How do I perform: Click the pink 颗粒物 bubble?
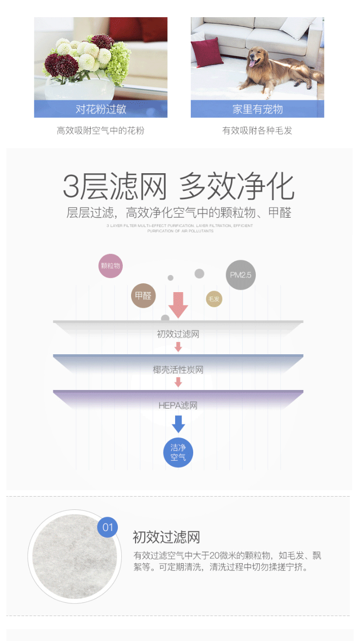click(110, 266)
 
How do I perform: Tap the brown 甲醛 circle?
click(143, 296)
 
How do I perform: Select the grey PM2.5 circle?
click(241, 275)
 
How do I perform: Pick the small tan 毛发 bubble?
click(214, 299)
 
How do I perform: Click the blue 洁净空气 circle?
click(178, 453)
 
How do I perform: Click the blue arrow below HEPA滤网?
click(178, 424)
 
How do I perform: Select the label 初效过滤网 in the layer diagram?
click(178, 335)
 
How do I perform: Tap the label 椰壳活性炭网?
click(178, 370)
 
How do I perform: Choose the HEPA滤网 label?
click(178, 406)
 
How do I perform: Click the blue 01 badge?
click(108, 527)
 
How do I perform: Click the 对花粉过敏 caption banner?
click(101, 109)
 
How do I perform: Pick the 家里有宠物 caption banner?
click(257, 109)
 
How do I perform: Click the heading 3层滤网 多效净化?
click(179, 186)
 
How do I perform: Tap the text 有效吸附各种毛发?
click(257, 131)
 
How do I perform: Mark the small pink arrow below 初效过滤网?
click(178, 347)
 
